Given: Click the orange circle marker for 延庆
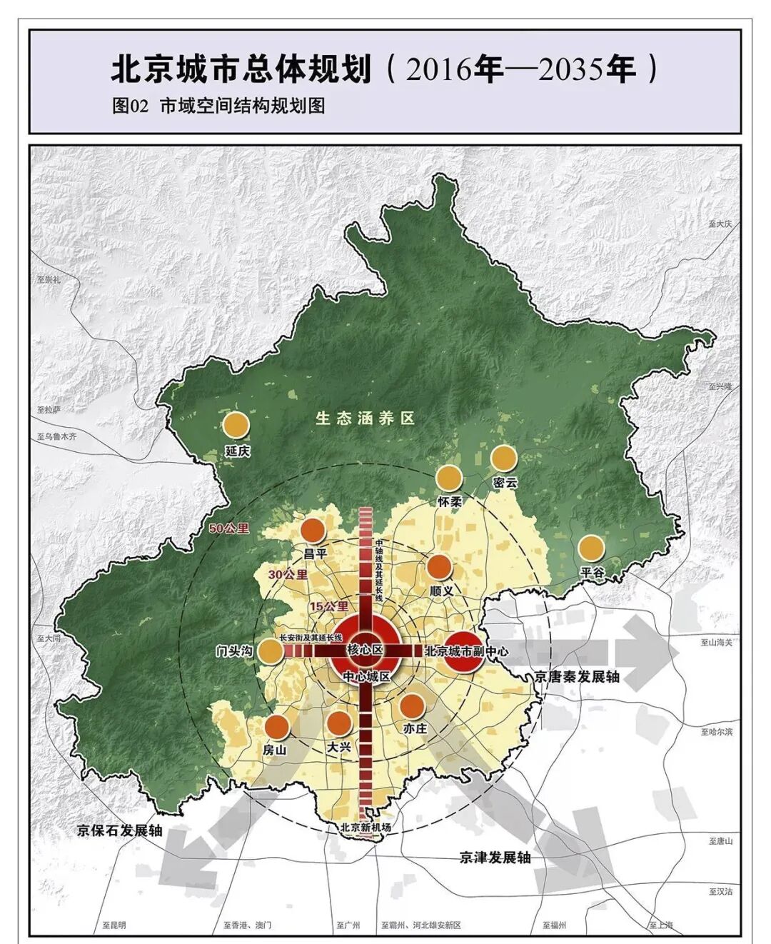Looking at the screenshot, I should click(236, 424).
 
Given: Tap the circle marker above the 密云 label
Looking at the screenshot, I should click(503, 458).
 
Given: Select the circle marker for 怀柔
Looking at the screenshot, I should click(449, 478).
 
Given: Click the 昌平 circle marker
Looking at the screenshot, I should click(313, 531).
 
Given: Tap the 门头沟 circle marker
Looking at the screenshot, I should click(270, 651).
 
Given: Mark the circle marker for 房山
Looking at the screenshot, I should click(276, 727).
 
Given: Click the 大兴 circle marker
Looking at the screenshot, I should click(339, 723).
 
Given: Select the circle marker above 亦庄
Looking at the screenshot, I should click(413, 706).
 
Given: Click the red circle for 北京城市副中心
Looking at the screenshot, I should click(464, 651).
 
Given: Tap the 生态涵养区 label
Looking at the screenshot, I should click(365, 418).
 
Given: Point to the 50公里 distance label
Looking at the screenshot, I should click(229, 528).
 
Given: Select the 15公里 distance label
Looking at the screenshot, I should click(328, 606).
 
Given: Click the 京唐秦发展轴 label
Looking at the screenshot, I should click(577, 676).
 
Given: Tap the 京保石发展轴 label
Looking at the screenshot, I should click(120, 830).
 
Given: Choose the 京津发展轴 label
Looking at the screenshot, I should click(495, 857).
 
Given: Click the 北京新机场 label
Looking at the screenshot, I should click(366, 828).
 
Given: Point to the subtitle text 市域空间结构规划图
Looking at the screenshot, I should click(242, 106).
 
